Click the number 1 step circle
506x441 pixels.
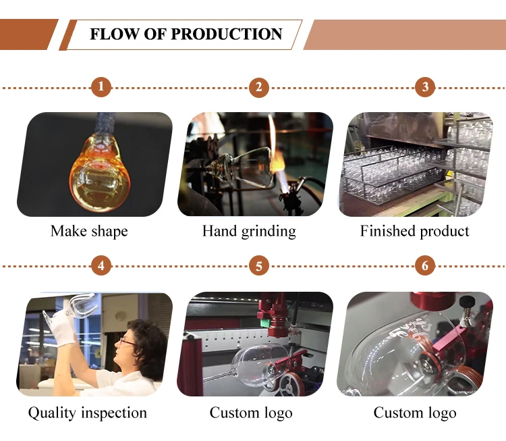101,87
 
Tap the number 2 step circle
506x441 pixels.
259,87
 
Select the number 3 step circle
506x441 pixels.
424,87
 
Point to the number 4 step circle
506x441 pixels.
101,265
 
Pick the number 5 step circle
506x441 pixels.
259,265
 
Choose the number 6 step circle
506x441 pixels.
424,265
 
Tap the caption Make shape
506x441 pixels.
89,231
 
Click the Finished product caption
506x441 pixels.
414,231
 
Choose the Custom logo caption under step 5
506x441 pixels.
251,413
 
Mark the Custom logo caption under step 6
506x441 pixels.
415,413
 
